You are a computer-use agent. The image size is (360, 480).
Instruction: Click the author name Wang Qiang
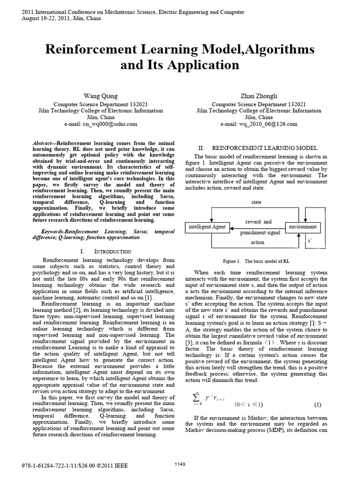101,96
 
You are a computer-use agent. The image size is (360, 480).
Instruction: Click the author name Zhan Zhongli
259,96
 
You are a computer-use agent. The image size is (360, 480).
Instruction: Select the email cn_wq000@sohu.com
101,124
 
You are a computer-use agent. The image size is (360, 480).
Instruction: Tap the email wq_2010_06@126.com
259,124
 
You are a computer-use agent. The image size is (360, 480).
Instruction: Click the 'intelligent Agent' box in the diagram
207,227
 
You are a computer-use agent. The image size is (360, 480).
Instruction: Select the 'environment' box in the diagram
302,227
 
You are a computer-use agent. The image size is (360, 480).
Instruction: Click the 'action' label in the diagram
258,242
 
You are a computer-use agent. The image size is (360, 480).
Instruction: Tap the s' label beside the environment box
308,240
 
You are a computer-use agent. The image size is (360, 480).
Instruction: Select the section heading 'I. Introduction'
101,252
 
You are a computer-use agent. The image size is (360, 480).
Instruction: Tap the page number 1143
180,465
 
